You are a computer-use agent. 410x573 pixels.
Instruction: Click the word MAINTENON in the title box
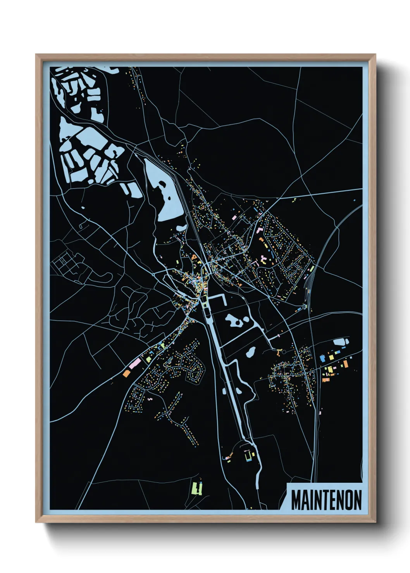[x=326, y=500]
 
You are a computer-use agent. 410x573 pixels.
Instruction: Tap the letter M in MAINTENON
[x=296, y=500]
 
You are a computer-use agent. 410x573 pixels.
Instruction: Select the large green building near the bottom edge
[x=197, y=488]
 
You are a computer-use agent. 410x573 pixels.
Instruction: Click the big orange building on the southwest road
[x=126, y=373]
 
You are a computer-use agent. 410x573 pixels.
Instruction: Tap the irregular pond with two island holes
[x=237, y=320]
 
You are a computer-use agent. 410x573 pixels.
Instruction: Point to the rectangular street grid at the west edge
[x=66, y=263]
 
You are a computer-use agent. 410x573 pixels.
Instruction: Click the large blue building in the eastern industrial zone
[x=322, y=359]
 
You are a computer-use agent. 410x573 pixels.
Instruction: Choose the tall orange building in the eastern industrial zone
[x=345, y=364]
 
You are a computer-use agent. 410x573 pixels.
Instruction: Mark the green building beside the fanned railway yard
[x=311, y=269]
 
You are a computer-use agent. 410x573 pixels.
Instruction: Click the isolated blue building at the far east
[x=354, y=200]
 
